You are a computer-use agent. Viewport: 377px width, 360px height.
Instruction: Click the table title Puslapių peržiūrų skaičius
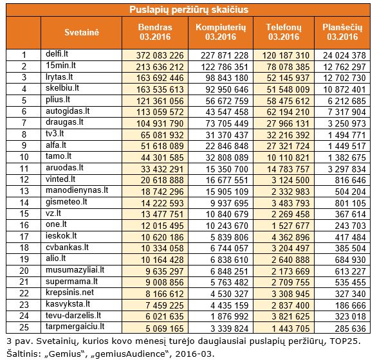tap(188, 10)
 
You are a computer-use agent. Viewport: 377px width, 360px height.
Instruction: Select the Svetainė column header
tap(82, 32)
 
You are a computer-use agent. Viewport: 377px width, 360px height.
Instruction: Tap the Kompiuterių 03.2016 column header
tap(221, 32)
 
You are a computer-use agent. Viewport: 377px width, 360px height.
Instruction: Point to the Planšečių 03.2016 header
tap(342, 32)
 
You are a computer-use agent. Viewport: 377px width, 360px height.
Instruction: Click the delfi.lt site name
tap(57, 53)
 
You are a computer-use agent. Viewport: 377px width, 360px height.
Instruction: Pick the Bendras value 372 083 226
tap(160, 55)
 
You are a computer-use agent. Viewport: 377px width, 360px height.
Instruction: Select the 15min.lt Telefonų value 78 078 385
tap(288, 67)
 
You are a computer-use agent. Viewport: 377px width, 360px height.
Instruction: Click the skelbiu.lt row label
tap(62, 88)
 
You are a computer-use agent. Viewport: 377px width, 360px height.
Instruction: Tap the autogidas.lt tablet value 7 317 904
tap(347, 112)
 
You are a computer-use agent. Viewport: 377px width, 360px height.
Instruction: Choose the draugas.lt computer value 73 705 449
tap(227, 123)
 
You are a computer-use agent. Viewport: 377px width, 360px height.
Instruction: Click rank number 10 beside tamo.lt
tap(24, 157)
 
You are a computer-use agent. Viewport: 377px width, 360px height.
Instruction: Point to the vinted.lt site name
tap(60, 179)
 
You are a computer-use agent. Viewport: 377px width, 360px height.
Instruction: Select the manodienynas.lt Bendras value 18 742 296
tap(162, 192)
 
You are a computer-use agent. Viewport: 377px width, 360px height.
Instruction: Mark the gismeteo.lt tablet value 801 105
tap(351, 203)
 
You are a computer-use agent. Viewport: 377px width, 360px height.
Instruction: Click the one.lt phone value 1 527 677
tap(290, 226)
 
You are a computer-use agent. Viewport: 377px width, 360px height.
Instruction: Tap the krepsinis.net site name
tap(69, 292)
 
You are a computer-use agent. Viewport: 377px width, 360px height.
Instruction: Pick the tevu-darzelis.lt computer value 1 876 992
tap(230, 316)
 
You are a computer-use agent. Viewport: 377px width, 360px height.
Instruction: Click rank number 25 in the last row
tap(24, 327)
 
